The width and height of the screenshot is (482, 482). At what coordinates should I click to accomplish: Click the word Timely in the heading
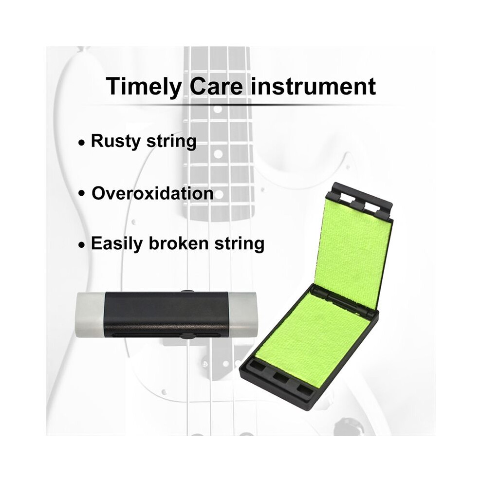[x=144, y=87]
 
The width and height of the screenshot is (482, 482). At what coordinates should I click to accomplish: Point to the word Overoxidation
[x=153, y=193]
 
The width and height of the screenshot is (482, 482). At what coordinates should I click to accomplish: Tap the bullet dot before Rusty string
[x=81, y=143]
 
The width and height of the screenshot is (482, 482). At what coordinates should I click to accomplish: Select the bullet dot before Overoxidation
[x=81, y=194]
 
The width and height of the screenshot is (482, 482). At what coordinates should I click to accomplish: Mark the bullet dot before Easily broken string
[x=81, y=245]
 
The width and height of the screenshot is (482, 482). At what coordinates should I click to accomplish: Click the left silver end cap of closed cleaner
[x=90, y=315]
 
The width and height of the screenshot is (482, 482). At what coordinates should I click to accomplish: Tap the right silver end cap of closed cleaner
[x=243, y=314]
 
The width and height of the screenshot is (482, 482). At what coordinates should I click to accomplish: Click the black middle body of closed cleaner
[x=167, y=315]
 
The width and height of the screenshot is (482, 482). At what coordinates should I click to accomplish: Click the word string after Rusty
[x=171, y=142]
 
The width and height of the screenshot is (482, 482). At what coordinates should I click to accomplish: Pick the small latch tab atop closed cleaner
[x=186, y=291]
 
